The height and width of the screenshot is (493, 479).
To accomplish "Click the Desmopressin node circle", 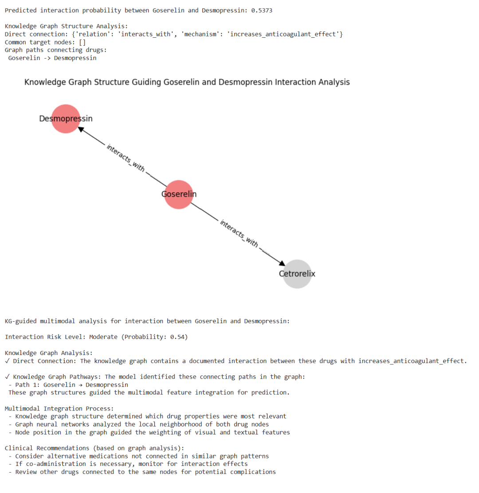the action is click(66, 119).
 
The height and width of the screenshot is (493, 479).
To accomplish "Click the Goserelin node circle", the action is click(179, 195).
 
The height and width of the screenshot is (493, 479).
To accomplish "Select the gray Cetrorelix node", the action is click(297, 274).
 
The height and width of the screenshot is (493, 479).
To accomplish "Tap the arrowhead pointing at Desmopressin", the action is click(81, 129).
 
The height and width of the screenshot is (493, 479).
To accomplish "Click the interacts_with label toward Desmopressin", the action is click(126, 158).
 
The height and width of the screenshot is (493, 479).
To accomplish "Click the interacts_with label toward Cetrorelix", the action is click(239, 233).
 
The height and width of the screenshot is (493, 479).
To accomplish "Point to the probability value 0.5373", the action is click(262, 10).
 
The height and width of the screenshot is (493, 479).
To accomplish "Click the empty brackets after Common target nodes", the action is click(82, 42).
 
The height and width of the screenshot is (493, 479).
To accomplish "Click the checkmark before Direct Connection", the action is click(7, 361).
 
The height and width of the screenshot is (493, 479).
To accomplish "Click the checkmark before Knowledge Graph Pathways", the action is click(7, 377).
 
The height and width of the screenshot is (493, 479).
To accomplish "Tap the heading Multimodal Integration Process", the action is click(59, 409).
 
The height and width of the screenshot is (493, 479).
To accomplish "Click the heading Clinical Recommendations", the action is click(47, 448).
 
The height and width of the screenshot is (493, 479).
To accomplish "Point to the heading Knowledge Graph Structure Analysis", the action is click(67, 26).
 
